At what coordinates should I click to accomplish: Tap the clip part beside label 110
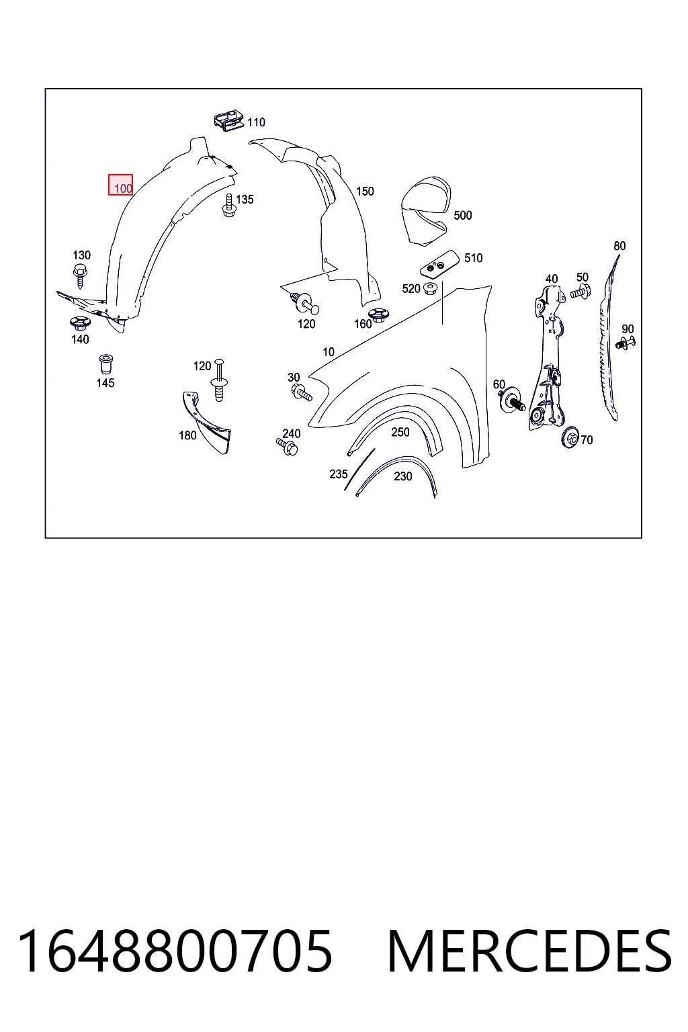229,120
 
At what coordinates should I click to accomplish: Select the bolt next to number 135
229,206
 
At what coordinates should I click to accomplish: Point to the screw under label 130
80,276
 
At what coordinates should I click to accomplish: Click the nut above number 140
80,323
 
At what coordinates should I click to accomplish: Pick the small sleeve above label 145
106,364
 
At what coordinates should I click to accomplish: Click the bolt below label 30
302,392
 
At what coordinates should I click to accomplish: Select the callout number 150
365,191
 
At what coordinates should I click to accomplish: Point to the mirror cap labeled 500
426,210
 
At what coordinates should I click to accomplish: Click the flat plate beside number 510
439,265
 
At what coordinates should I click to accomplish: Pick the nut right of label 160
378,314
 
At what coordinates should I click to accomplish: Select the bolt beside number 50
580,292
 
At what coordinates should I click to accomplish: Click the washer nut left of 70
571,437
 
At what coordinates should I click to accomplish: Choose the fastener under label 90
626,343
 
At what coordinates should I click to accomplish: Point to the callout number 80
619,246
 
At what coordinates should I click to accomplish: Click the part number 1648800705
175,951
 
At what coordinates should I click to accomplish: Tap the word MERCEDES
530,951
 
